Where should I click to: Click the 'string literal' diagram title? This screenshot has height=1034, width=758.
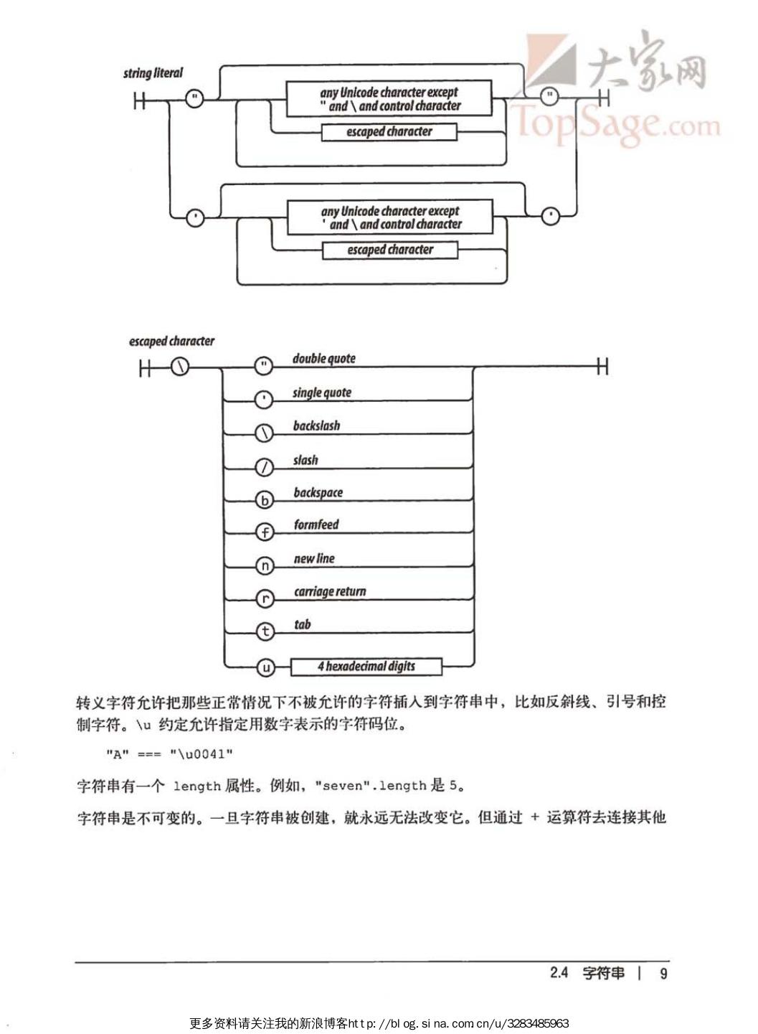153,73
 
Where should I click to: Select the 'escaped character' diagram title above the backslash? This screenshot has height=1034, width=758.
171,342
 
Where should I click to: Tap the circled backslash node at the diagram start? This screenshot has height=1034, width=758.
181,368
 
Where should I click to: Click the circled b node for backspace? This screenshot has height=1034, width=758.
265,500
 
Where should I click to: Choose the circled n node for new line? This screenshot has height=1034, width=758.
265,566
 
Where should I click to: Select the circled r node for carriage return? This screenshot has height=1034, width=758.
265,598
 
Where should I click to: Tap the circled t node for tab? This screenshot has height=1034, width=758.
265,631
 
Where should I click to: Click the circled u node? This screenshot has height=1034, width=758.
265,668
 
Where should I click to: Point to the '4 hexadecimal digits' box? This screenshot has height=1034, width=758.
366,667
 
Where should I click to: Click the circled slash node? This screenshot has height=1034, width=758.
265,467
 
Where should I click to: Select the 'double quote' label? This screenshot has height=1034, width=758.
323,359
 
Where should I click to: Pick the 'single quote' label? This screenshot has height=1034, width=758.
321,393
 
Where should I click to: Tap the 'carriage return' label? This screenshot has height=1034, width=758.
330,592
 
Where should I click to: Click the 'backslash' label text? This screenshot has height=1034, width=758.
316,426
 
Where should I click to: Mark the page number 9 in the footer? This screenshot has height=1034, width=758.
663,974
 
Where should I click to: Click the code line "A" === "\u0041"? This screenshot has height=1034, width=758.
169,754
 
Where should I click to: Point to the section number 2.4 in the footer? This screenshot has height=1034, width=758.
559,973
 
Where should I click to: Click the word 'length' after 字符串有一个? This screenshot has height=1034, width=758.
196,786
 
